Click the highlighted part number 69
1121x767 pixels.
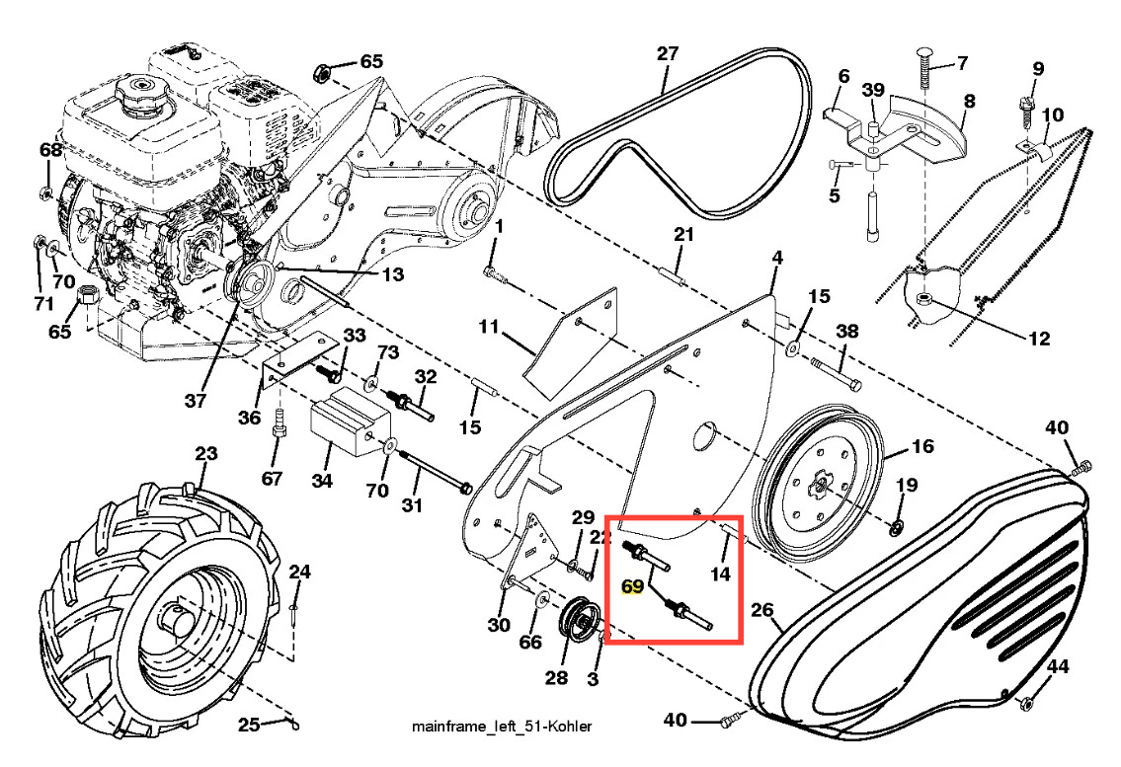click(632, 586)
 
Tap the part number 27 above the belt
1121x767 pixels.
click(668, 53)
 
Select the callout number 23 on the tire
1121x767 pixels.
click(205, 455)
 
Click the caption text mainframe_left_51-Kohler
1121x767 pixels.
click(502, 727)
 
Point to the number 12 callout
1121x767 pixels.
click(1039, 340)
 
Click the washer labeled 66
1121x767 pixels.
click(544, 601)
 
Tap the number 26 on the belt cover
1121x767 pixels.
click(761, 610)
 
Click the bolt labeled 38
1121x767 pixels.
click(838, 374)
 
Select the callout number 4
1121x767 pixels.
click(777, 257)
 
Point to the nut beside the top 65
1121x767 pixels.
click(320, 71)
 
